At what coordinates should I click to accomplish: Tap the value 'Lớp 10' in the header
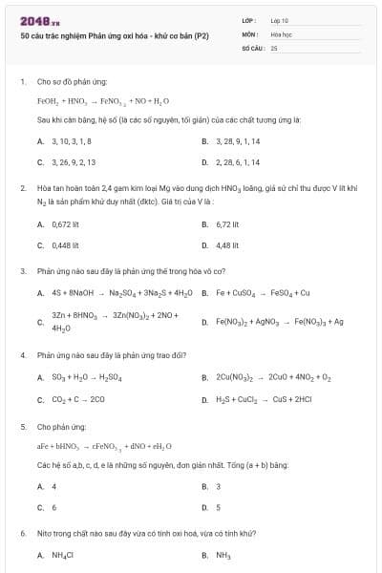pyautogui.click(x=280, y=20)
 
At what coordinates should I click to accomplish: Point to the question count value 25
pyautogui.click(x=274, y=47)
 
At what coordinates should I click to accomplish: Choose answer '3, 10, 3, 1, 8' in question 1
pyautogui.click(x=72, y=140)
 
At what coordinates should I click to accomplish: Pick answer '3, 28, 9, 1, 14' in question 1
pyautogui.click(x=237, y=140)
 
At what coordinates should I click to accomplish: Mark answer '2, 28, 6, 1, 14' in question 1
pyautogui.click(x=237, y=161)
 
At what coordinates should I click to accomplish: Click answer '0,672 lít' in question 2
pyautogui.click(x=65, y=223)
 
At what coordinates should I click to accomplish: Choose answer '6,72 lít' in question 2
pyautogui.click(x=227, y=223)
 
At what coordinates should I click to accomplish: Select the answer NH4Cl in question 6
pyautogui.click(x=64, y=554)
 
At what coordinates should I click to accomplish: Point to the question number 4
pyautogui.click(x=23, y=354)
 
